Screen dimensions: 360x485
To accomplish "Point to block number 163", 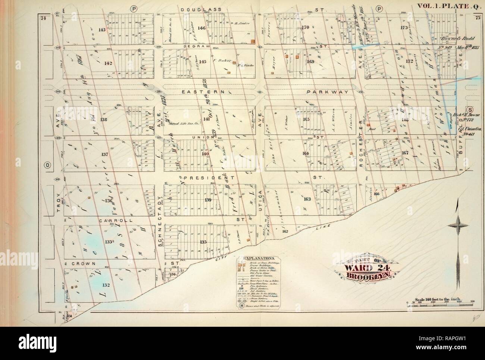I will point(307,199).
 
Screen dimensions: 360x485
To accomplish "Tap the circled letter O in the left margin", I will point(47,164).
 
